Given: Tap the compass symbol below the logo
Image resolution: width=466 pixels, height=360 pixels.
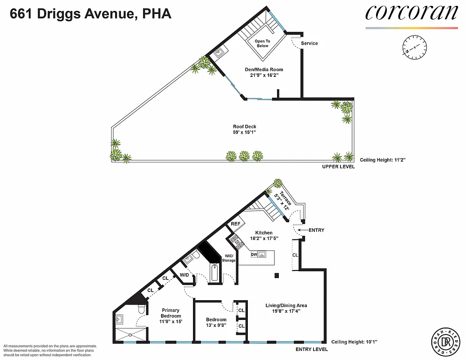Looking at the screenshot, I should [x=414, y=47].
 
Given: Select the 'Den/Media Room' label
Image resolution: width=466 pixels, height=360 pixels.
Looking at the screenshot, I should [x=267, y=72].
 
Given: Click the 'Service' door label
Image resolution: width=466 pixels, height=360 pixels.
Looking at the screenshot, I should [x=309, y=44].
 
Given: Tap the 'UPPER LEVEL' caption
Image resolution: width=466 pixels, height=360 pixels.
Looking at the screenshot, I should [x=338, y=167].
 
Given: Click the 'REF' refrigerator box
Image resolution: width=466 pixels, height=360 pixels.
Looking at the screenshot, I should [x=236, y=224].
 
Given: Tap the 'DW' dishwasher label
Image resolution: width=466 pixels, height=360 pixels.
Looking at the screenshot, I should [x=254, y=255].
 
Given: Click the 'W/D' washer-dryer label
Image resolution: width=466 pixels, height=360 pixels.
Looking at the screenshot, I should [x=184, y=275].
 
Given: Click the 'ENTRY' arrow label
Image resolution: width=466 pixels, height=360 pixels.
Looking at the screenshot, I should [x=316, y=230].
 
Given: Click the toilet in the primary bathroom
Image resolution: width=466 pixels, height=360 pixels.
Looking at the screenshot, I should [x=141, y=309].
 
